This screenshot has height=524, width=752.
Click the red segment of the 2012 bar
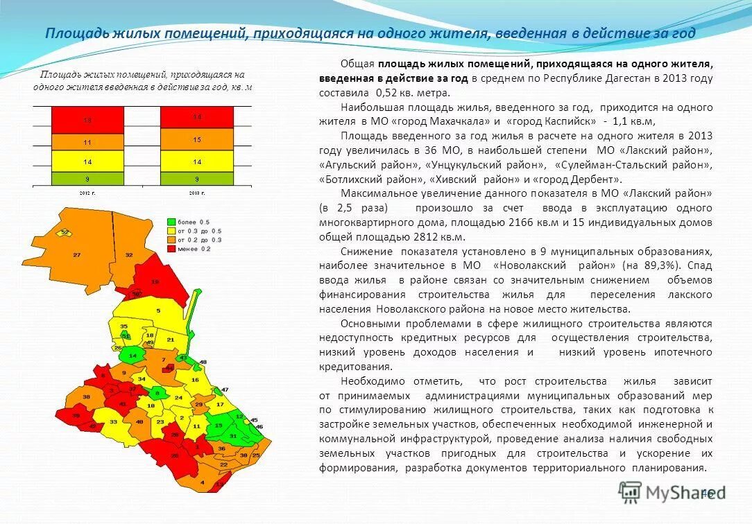(87, 120)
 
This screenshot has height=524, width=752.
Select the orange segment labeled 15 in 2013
(197, 139)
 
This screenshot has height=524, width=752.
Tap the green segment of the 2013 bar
(197, 178)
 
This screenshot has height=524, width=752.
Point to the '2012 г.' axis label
(87, 191)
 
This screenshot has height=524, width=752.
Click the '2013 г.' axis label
(197, 191)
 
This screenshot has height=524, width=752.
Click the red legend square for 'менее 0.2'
(171, 248)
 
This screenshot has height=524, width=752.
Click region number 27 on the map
(76, 254)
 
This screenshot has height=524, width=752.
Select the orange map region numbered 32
(128, 255)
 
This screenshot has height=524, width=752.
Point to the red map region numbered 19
(155, 281)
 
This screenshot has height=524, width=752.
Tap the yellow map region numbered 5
(158, 311)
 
